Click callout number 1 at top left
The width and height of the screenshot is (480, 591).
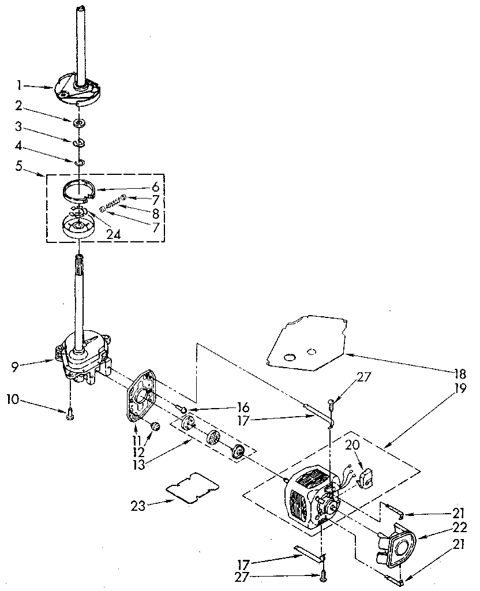tap(19, 85)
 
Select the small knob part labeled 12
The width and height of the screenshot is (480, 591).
tap(155, 428)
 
